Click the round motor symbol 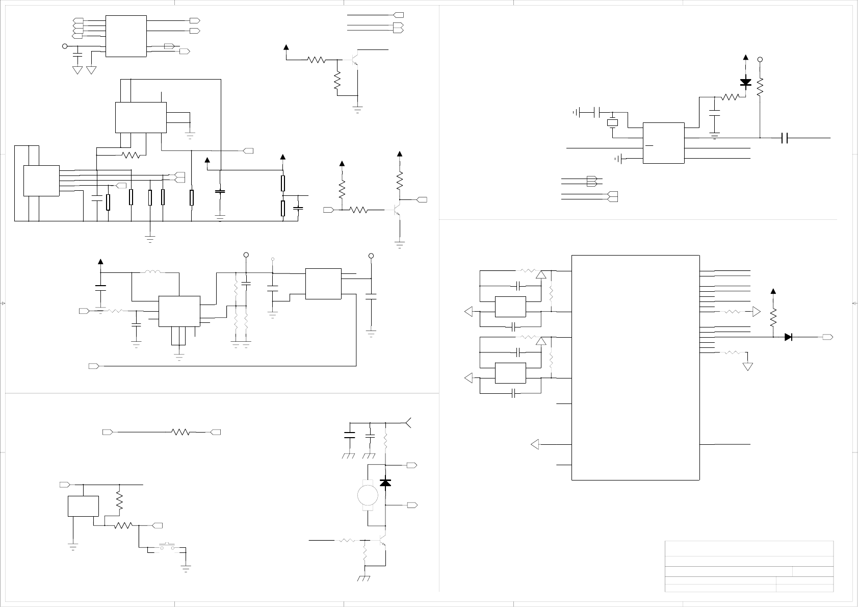pos(367,494)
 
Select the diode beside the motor pos(386,483)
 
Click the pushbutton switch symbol pos(167,548)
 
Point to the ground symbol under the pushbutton pos(186,569)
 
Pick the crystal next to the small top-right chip pos(612,123)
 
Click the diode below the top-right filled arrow pos(746,82)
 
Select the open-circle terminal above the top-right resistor pos(760,60)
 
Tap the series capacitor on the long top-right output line pos(785,138)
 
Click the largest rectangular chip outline pos(635,367)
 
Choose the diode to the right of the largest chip pos(789,337)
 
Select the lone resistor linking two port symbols pos(181,432)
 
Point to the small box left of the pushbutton pos(83,505)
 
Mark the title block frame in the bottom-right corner pos(749,566)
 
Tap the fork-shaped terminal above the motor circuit pos(409,422)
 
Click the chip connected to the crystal pos(663,143)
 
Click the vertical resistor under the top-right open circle pos(760,87)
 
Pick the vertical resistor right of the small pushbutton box pos(120,501)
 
